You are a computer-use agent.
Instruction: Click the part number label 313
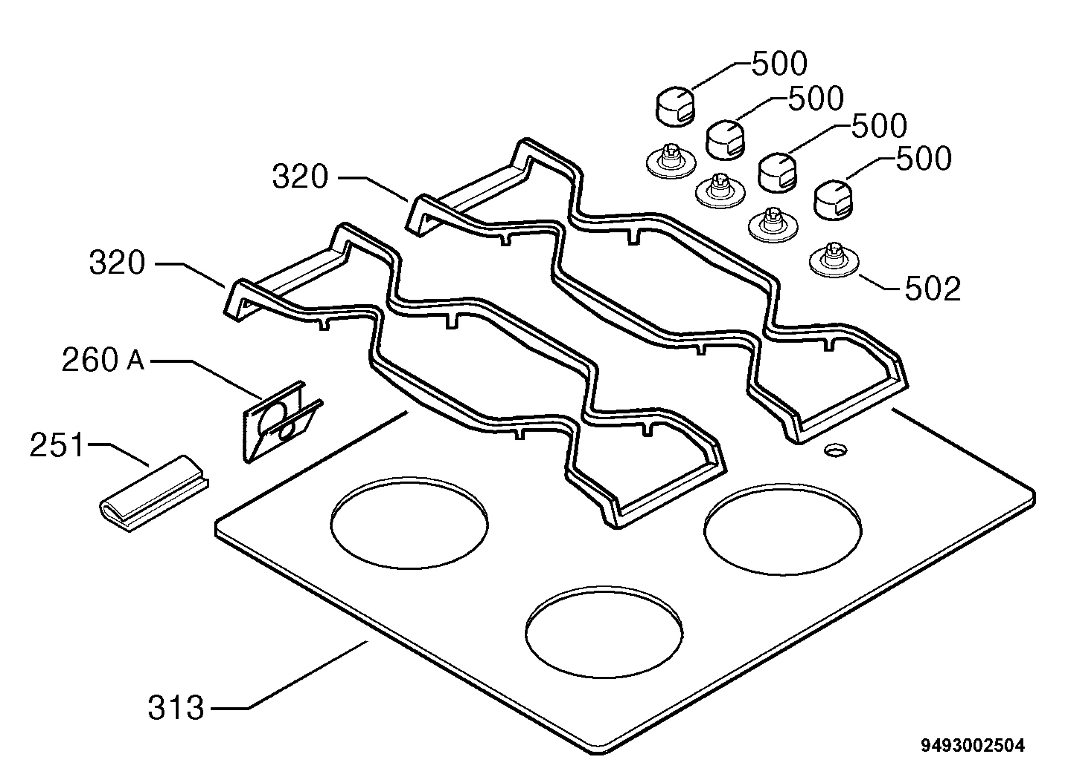176,708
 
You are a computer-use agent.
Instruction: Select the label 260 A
103,360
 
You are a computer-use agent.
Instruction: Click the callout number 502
933,288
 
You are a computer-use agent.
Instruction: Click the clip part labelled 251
154,493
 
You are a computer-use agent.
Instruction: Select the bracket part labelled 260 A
282,421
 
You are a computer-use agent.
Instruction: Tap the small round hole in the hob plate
835,450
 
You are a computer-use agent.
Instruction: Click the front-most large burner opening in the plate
603,632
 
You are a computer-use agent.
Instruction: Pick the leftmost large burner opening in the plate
409,523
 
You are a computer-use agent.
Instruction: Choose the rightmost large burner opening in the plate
782,530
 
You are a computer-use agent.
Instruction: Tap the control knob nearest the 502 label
834,200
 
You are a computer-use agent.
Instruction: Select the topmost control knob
676,106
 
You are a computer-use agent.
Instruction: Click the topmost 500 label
780,64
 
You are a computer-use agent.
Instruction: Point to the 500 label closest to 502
924,158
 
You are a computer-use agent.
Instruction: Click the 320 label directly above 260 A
117,262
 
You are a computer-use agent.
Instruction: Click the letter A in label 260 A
136,361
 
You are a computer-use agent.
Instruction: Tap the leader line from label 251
119,454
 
